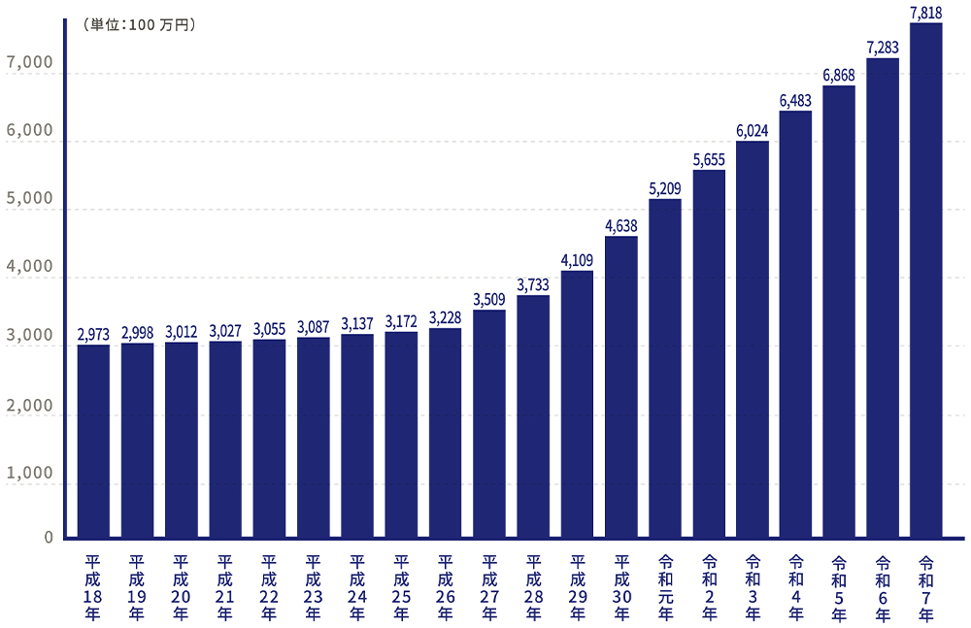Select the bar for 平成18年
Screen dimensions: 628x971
click(x=93, y=441)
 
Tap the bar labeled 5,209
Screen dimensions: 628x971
click(x=665, y=368)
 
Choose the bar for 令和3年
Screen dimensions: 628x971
click(x=753, y=340)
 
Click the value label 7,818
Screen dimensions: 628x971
click(x=926, y=12)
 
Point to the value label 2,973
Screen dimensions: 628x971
click(x=93, y=334)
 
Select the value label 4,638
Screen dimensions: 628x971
click(x=621, y=225)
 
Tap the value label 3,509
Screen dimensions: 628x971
click(x=489, y=300)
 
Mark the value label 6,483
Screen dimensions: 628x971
click(x=796, y=100)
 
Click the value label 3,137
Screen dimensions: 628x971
click(x=357, y=323)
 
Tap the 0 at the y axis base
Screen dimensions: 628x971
click(x=48, y=537)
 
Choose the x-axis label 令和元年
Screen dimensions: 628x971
click(x=665, y=587)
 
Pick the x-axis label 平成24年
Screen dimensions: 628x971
click(x=357, y=587)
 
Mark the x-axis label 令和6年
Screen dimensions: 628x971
click(x=883, y=587)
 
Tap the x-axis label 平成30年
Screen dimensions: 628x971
click(x=621, y=587)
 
